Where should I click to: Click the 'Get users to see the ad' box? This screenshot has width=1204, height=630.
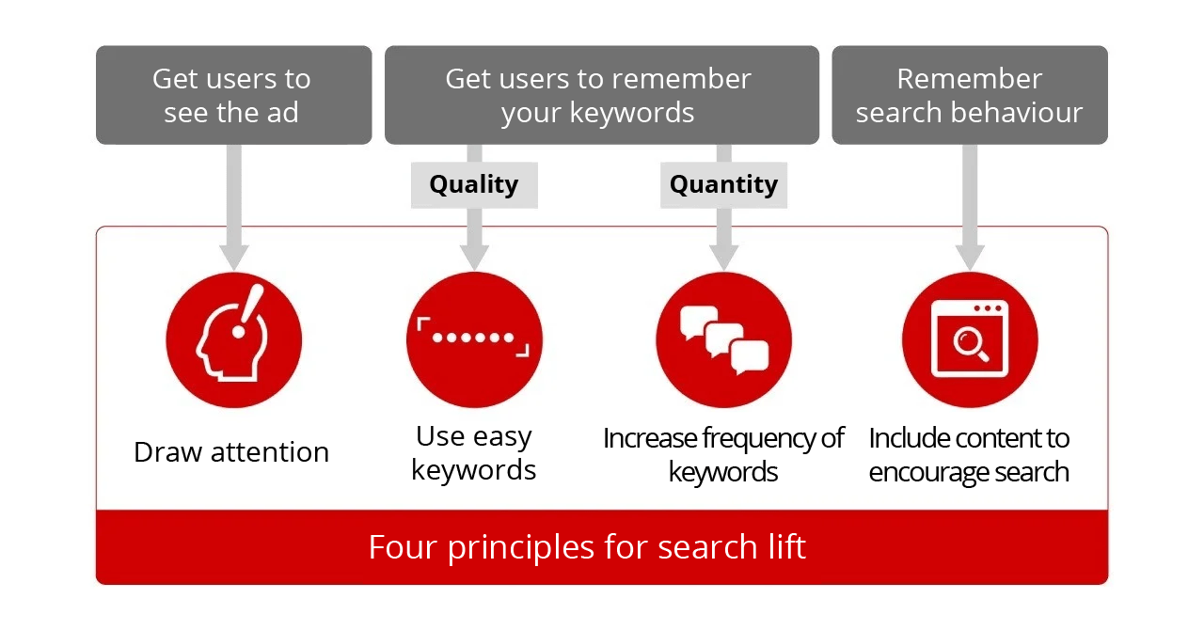pos(234,95)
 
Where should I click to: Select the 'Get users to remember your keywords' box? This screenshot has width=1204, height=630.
pos(602,95)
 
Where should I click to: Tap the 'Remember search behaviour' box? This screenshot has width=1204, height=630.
pos(970,95)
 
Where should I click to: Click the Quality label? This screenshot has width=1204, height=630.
pos(474,185)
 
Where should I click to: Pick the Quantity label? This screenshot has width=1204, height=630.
pos(723,185)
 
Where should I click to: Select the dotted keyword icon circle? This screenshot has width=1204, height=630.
pos(474,339)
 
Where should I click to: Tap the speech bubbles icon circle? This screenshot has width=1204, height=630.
pos(723,339)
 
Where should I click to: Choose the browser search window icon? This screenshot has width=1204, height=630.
pos(970,339)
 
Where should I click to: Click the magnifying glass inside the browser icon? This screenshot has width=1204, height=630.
pos(970,345)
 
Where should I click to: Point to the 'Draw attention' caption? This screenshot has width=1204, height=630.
pos(231,452)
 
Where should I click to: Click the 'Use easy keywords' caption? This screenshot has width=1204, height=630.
pos(473,452)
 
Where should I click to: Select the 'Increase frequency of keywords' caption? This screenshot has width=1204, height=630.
pos(723,455)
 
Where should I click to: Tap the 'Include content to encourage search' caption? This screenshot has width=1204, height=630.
pos(969,455)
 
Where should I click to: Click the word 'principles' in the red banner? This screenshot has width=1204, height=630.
pos(521,549)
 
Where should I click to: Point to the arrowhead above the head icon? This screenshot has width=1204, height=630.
pos(234,258)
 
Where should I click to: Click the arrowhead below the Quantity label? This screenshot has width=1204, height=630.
pos(723,258)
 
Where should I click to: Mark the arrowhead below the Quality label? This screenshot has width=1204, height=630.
pos(474,258)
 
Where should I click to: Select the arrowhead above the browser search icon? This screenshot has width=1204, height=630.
pos(970,258)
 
